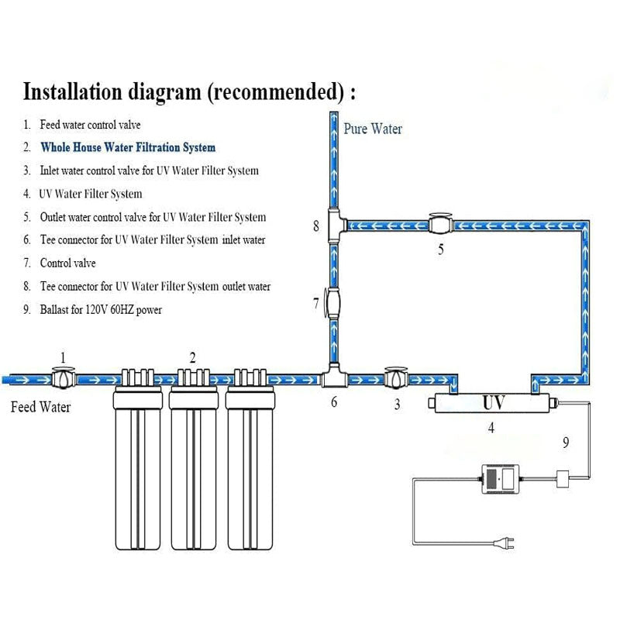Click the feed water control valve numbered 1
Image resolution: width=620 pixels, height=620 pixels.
click(63, 380)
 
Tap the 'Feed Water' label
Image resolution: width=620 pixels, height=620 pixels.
click(40, 407)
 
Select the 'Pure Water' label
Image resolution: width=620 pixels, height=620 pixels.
click(373, 129)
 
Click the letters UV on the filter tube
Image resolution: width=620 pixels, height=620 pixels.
click(494, 404)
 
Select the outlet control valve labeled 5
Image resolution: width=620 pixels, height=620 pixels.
click(441, 226)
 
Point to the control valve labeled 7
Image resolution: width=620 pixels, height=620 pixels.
click(334, 301)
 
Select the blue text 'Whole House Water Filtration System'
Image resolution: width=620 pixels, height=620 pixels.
click(128, 147)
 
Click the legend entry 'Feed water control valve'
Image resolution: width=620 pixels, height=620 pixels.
click(90, 124)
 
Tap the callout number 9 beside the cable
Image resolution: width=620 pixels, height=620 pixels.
click(565, 443)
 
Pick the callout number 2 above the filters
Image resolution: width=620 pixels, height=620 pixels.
click(193, 357)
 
